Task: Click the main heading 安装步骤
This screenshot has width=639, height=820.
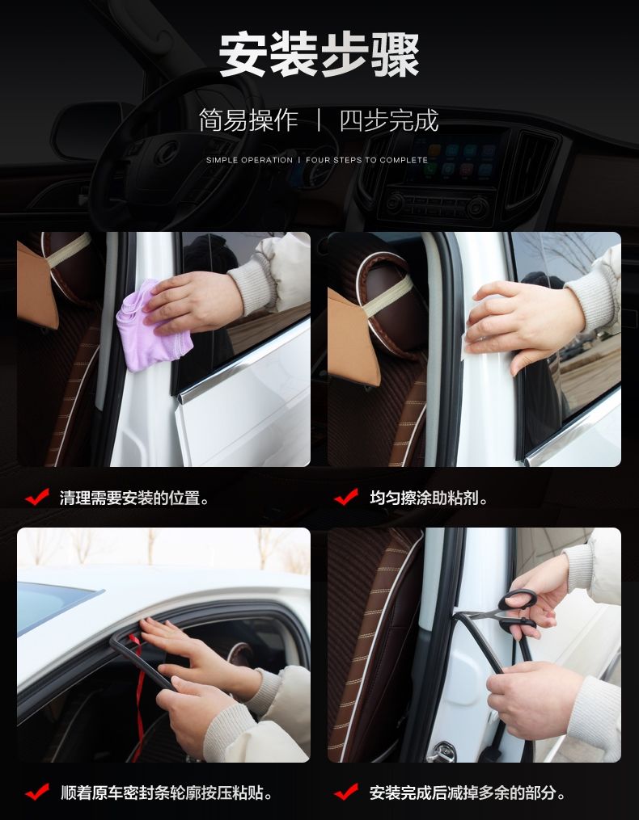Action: click(319, 54)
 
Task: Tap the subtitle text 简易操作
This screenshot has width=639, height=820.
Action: click(248, 120)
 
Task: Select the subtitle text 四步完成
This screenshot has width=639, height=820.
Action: click(388, 120)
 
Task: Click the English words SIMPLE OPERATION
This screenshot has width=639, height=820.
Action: click(249, 160)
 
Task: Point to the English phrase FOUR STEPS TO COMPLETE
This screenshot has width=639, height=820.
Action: click(366, 160)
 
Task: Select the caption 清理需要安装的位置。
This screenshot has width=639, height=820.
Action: click(134, 498)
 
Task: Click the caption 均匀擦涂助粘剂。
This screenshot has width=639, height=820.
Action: click(429, 498)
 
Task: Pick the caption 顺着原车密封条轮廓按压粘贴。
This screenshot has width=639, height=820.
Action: click(166, 793)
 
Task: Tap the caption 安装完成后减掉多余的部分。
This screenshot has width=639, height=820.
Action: click(468, 793)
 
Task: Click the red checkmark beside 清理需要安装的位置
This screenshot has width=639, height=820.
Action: click(37, 497)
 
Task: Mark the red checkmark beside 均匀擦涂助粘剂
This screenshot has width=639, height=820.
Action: click(347, 497)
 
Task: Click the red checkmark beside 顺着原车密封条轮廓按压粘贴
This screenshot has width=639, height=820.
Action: click(37, 792)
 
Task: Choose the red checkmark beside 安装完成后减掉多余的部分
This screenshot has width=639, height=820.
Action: click(347, 792)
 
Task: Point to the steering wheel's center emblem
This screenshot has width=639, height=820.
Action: click(167, 152)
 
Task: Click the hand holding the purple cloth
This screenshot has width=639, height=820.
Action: click(192, 303)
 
